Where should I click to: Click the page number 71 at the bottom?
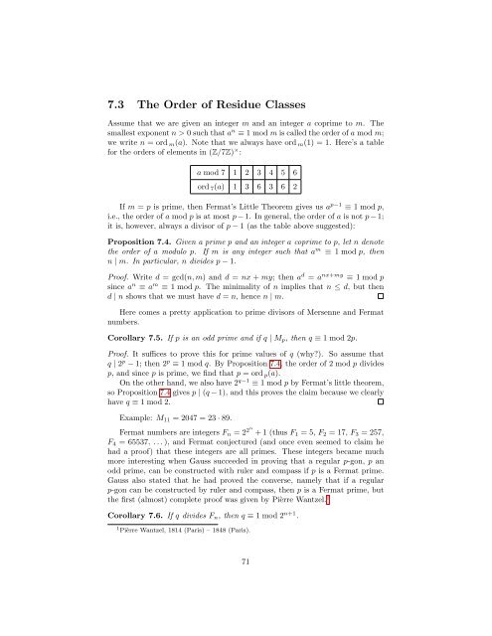245,615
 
